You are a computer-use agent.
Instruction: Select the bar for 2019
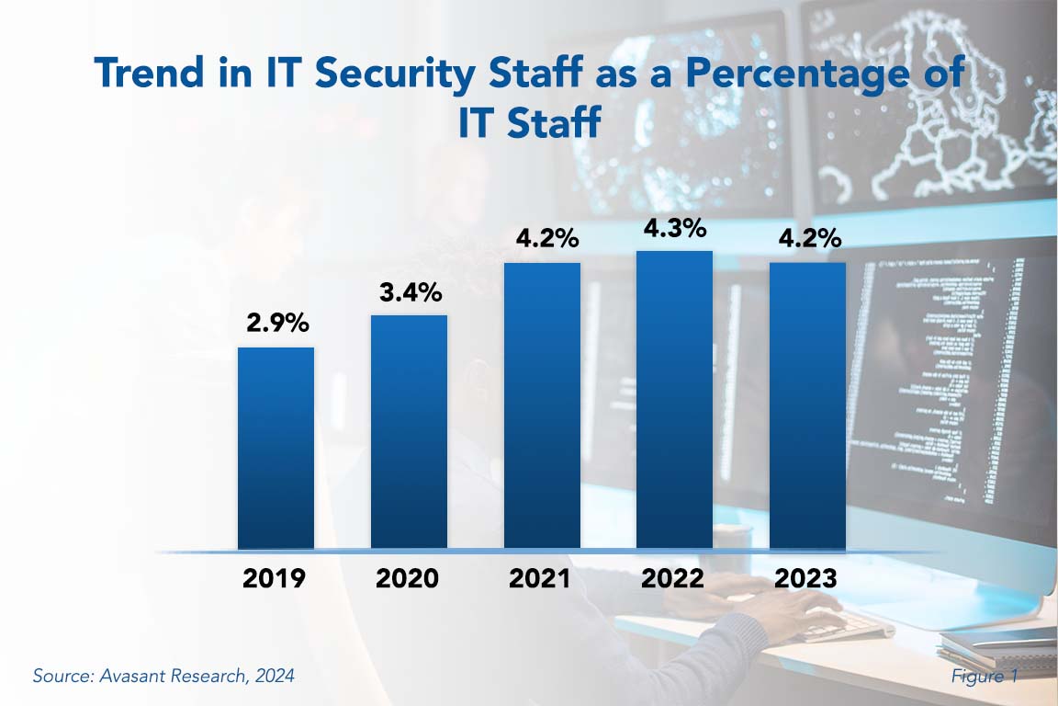(x=276, y=449)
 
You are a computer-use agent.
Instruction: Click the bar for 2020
(x=409, y=432)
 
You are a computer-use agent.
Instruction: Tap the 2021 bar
(x=542, y=406)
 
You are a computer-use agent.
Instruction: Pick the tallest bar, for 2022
(x=674, y=400)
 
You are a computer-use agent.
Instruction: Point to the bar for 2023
(x=807, y=406)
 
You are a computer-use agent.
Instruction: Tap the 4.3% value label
(x=675, y=227)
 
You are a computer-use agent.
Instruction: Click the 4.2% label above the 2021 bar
(x=542, y=239)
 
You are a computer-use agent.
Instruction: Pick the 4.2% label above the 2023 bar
(x=807, y=239)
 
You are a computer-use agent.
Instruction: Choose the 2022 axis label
(x=674, y=579)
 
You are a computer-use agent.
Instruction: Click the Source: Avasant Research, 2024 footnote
(x=163, y=676)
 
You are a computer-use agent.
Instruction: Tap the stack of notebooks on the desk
(x=996, y=648)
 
